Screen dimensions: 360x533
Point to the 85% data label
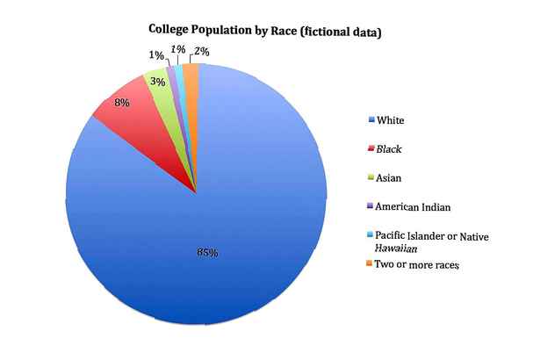(207, 253)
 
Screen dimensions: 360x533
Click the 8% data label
(122, 103)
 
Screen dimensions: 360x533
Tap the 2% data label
(201, 52)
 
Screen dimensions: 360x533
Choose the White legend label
(392, 119)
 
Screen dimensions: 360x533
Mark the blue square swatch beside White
(370, 120)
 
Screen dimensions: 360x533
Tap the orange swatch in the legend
(370, 265)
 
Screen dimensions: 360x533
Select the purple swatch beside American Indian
(370, 207)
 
